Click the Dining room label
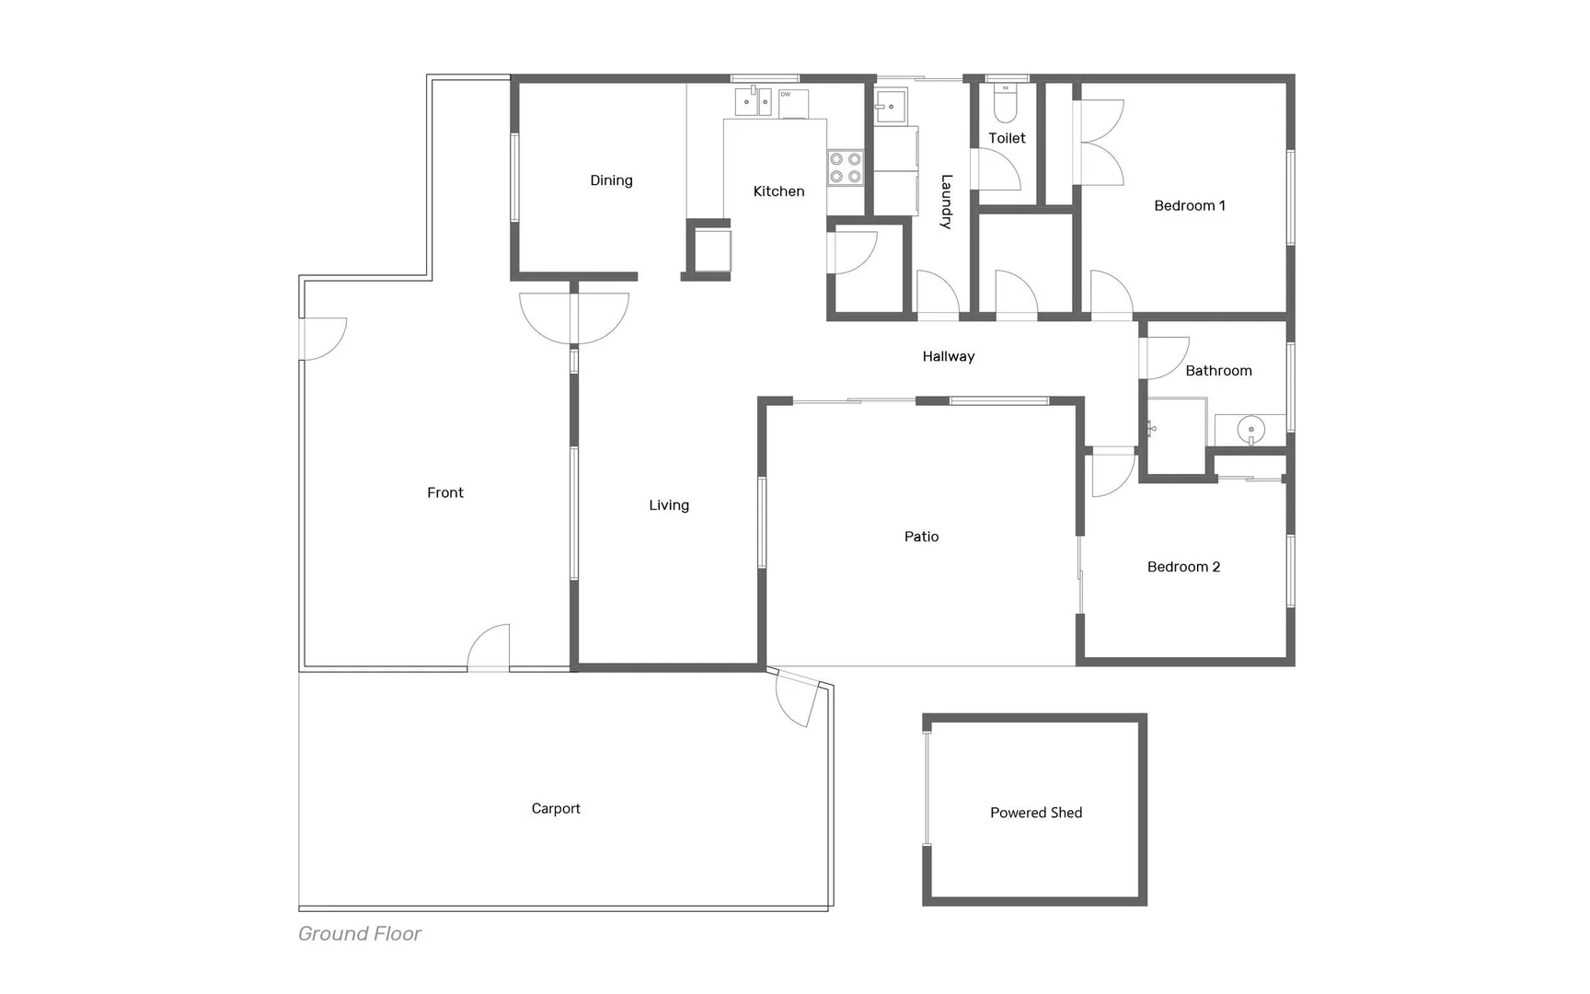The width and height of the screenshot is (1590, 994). [611, 180]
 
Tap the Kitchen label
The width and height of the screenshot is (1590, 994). [778, 191]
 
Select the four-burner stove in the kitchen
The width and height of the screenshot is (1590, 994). [845, 168]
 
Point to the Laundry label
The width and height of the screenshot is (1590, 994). [946, 202]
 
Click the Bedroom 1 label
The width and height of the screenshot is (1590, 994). [1189, 205]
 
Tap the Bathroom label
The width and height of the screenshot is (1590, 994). [1218, 371]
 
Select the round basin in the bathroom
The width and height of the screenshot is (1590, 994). [1250, 430]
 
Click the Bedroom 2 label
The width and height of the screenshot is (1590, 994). [1183, 567]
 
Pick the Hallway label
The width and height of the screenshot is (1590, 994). [948, 356]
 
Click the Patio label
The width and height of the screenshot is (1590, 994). [921, 537]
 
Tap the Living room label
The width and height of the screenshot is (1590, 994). [668, 505]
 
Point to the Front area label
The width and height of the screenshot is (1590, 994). [444, 492]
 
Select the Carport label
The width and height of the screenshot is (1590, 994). [556, 808]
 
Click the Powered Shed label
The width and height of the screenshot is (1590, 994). [1035, 813]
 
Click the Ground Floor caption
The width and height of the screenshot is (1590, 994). [359, 933]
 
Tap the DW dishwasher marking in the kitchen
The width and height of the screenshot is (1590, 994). [786, 94]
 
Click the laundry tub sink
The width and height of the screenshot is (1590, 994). [890, 106]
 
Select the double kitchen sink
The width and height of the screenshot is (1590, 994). [753, 101]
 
